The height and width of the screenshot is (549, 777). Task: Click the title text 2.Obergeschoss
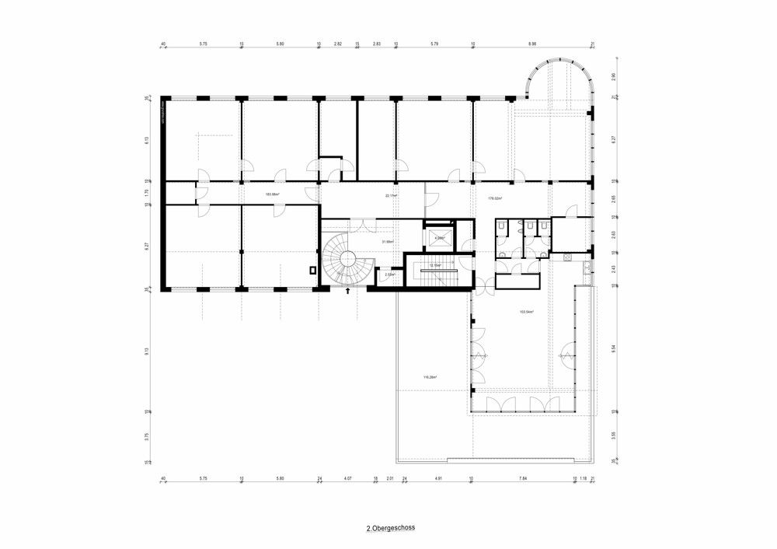pyautogui.click(x=391, y=527)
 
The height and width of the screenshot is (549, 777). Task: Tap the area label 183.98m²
pyautogui.click(x=272, y=194)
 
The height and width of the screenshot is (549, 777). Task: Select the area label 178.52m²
pyautogui.click(x=494, y=199)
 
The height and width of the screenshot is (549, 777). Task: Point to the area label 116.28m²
pyautogui.click(x=429, y=377)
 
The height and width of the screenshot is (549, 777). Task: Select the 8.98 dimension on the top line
pyautogui.click(x=532, y=44)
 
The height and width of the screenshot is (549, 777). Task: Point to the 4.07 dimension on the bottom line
pyautogui.click(x=347, y=479)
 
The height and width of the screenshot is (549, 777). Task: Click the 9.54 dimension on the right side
pyautogui.click(x=614, y=349)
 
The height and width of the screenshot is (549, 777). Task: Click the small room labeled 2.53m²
pyautogui.click(x=389, y=274)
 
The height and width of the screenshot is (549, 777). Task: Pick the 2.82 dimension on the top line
pyautogui.click(x=337, y=44)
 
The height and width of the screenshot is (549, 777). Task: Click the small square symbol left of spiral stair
pyautogui.click(x=312, y=271)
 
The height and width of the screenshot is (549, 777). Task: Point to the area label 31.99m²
pyautogui.click(x=386, y=242)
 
